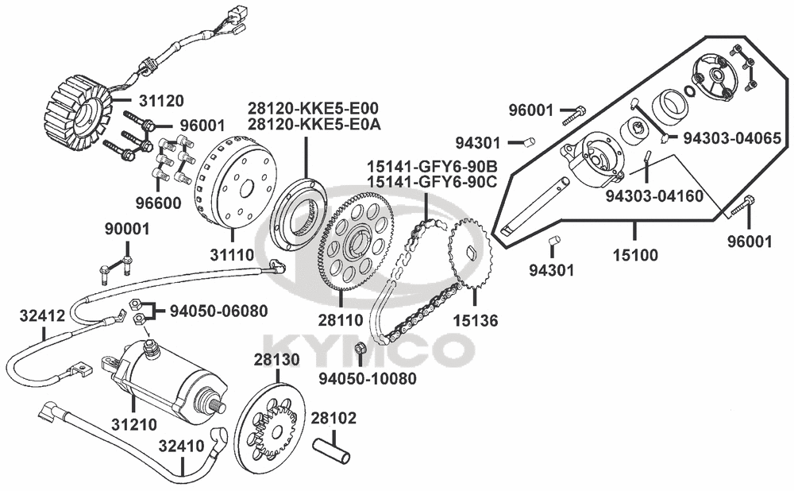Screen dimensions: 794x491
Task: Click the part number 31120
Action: point(160,101)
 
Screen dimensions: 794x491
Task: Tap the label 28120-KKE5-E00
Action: point(313,109)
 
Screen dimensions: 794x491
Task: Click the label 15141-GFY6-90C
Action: point(433,181)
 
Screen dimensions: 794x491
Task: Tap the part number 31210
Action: point(133,424)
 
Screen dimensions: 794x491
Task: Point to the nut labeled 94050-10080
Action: point(360,349)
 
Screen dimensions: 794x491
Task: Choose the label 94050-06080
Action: point(218,311)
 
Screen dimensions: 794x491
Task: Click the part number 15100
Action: point(635,255)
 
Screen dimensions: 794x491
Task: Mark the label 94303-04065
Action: point(732,138)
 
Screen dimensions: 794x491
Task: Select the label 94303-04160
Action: point(654,195)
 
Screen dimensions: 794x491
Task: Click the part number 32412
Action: point(43,315)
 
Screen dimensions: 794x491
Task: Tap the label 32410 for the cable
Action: point(181,447)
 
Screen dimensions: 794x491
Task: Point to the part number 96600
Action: point(158,203)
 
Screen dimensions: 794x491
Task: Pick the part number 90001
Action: point(127,229)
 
